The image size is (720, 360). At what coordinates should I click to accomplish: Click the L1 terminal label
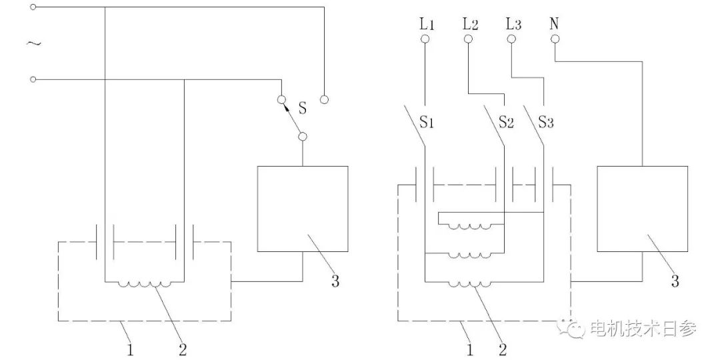point(427,25)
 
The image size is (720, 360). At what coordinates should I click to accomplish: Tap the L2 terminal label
point(470,25)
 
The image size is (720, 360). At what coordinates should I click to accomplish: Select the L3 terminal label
point(513,25)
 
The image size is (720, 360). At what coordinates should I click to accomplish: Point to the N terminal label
point(555,25)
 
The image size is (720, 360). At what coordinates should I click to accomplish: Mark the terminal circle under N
point(555,39)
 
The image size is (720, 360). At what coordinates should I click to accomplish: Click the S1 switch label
point(427,123)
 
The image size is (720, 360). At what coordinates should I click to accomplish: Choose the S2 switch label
point(507,123)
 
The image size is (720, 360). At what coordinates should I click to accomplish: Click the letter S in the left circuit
point(302,107)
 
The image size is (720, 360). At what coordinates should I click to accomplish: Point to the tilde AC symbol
point(33,44)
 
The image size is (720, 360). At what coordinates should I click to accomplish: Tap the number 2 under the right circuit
point(503,348)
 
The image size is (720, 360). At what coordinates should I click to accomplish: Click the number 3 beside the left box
point(335,281)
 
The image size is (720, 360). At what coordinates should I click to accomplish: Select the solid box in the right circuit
point(643,209)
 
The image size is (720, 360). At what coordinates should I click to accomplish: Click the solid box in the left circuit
point(303,209)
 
